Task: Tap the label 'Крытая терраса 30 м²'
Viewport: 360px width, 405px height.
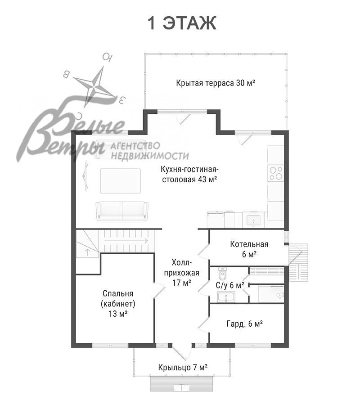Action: coord(216,83)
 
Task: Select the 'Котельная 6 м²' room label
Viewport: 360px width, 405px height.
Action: coord(249,249)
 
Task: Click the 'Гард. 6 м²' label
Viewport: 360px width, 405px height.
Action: coord(244,324)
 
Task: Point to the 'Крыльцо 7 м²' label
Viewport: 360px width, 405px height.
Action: coord(183,367)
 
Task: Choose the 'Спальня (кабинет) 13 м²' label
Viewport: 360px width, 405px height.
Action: coord(118,303)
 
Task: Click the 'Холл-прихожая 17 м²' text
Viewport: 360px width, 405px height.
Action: coord(182,273)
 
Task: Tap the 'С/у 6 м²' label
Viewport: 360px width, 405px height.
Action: coord(230,285)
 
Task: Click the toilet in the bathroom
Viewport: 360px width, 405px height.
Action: coord(222,274)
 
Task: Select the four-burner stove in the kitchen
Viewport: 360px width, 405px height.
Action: coord(276,173)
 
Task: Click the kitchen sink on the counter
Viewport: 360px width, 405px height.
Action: coord(253,221)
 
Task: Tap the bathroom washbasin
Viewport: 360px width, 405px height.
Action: coord(226,297)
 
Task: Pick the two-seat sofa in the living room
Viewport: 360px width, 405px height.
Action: coord(122,211)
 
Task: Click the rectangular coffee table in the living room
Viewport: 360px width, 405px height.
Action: coord(121,181)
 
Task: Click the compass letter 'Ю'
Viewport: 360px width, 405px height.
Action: coord(107,57)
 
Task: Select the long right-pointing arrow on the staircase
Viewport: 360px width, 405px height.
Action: coord(126,241)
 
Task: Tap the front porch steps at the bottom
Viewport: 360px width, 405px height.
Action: coord(182,384)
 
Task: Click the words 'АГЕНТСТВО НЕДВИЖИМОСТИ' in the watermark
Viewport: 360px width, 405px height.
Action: coord(150,151)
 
